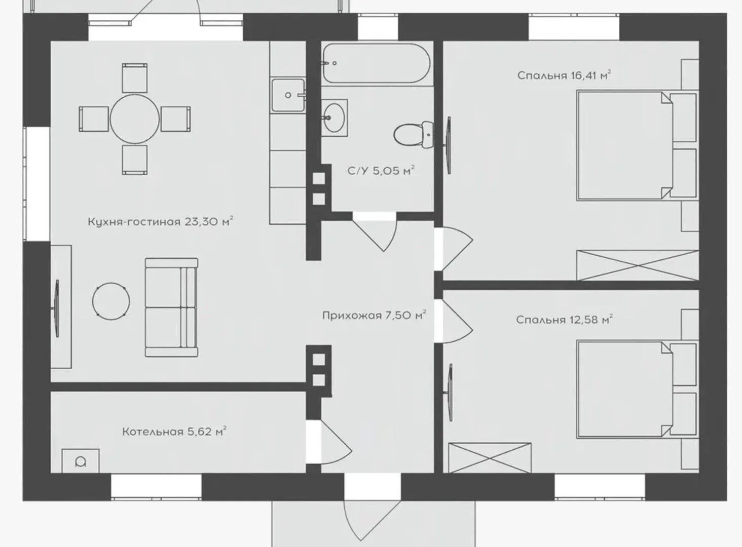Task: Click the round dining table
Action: [x=134, y=119]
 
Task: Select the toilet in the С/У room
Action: [x=414, y=134]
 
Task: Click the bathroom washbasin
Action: [x=334, y=118]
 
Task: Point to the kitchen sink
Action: [x=288, y=95]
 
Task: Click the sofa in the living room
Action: [x=172, y=307]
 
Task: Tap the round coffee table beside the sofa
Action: [x=111, y=301]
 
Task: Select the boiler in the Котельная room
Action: [x=81, y=461]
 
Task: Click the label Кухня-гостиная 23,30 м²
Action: [x=160, y=221]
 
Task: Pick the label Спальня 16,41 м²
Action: [x=564, y=75]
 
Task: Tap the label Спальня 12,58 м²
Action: [x=564, y=320]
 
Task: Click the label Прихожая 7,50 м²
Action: [x=374, y=315]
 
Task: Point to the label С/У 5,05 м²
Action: [x=381, y=171]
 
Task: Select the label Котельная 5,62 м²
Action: [x=174, y=432]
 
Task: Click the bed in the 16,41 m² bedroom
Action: [x=637, y=145]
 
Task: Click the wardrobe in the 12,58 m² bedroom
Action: [x=490, y=458]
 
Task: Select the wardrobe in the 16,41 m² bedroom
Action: [x=638, y=265]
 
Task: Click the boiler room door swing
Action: [x=336, y=442]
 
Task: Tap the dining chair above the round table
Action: [x=134, y=78]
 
